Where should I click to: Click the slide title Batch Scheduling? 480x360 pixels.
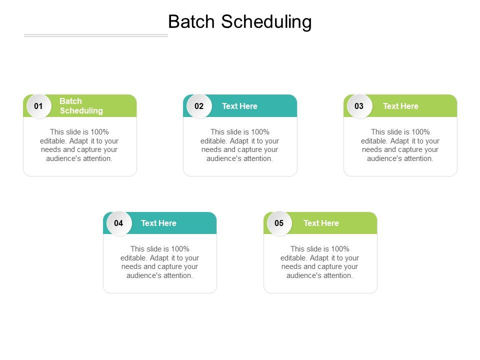pos(240,22)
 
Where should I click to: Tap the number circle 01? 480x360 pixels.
pos(38,106)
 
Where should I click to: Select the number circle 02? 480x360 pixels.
pos(199,106)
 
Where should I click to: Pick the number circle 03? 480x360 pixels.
pos(359,106)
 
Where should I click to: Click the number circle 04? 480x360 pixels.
pos(118,223)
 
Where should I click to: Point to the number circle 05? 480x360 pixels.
pos(279,223)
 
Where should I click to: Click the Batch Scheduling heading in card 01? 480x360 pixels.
pos(81,106)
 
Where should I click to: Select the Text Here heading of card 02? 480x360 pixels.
pos(239,106)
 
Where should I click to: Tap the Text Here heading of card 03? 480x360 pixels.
pos(400,106)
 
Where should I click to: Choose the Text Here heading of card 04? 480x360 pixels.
pos(158,223)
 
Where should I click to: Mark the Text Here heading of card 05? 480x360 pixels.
pos(321,223)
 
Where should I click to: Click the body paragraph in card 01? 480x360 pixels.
pos(79,145)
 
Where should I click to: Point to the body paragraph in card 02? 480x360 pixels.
pos(240,145)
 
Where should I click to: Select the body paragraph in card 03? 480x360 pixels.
pos(400,145)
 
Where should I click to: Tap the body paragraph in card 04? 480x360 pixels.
pos(159,262)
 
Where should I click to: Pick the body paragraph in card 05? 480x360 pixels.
pos(320,262)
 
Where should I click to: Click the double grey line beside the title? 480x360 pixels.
pos(96,35)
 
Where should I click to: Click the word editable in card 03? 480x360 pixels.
pos(374,141)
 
